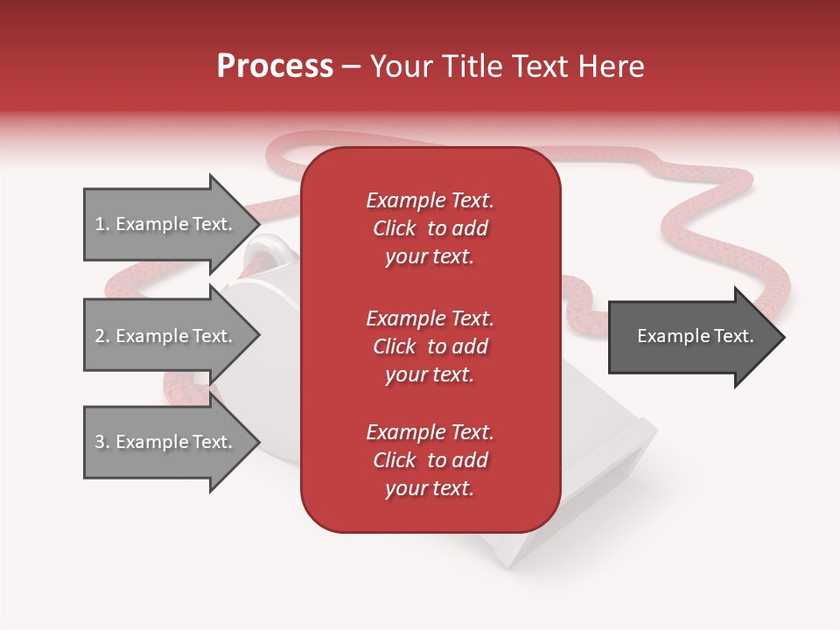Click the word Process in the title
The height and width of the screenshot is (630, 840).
click(275, 66)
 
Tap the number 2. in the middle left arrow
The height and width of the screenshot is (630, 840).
click(102, 336)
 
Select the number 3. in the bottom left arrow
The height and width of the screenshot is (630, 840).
click(102, 442)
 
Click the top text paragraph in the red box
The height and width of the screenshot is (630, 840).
click(430, 228)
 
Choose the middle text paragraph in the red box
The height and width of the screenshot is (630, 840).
click(430, 346)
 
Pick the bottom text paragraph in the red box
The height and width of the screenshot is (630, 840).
click(430, 460)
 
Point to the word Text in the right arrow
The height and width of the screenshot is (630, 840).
click(733, 336)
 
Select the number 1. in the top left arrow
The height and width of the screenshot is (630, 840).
click(101, 224)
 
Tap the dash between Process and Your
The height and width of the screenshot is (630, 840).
click(352, 66)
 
